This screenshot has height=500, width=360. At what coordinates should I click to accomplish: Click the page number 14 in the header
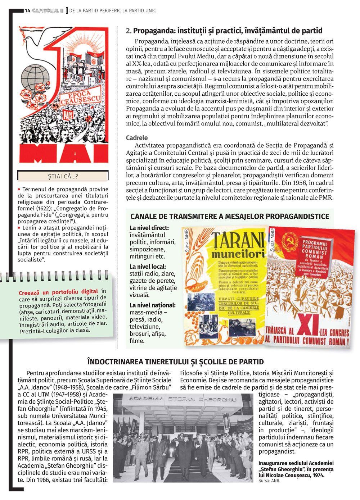point(27,10)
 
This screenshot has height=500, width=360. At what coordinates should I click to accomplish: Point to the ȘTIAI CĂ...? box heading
point(63,176)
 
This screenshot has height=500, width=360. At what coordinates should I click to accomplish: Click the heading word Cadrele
point(137,138)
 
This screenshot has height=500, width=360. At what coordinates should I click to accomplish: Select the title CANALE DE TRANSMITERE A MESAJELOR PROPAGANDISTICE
point(230,216)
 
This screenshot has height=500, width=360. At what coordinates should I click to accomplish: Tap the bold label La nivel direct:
point(149,228)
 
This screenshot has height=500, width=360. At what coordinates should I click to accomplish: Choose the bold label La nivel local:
point(148,267)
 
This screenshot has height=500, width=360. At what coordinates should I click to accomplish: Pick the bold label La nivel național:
point(153,305)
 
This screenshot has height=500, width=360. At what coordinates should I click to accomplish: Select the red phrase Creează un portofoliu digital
point(58,292)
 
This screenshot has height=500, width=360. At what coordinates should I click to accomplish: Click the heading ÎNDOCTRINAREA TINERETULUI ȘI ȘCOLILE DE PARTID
point(176,362)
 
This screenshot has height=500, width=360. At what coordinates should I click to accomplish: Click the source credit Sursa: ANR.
point(269,481)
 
